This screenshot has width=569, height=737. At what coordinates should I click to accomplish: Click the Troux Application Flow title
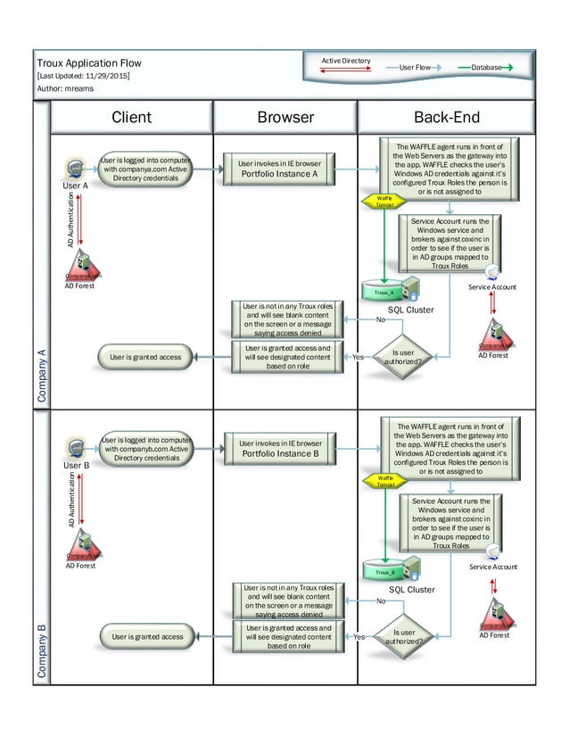(x=88, y=63)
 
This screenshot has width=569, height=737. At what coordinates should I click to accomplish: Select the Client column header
(x=131, y=117)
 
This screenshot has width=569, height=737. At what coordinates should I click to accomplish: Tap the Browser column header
(x=285, y=117)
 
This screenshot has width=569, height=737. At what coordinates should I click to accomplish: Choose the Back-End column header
(x=446, y=117)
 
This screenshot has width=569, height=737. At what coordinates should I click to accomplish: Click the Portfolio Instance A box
(x=279, y=169)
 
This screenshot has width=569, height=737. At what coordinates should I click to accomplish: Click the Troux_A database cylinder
(x=384, y=292)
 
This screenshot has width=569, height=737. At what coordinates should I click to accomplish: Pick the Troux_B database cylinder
(x=385, y=571)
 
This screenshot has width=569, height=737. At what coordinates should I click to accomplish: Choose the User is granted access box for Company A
(x=145, y=357)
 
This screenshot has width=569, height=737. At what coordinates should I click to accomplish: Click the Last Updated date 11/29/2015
(x=105, y=77)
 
